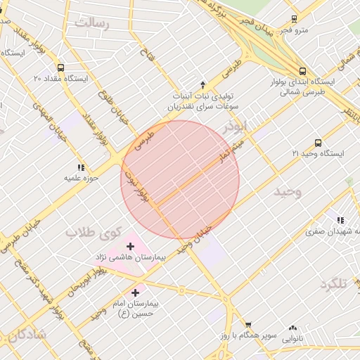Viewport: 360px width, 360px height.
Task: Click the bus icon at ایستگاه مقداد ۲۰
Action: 60,68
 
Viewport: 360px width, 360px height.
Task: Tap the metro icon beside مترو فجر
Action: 295,20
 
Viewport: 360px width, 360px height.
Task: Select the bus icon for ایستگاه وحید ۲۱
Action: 318,143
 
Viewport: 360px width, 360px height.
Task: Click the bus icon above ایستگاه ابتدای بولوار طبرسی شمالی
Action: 302,71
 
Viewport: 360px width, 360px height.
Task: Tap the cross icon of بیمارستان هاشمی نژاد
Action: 130,246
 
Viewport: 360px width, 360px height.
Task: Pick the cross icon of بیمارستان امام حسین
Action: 135,291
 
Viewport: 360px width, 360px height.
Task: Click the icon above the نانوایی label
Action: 292,327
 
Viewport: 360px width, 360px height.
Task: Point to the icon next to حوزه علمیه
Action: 81,167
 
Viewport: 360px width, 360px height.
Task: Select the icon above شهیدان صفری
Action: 341,220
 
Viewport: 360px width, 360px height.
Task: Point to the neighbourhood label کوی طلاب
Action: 94,232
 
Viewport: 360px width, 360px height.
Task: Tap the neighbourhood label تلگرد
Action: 333,283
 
